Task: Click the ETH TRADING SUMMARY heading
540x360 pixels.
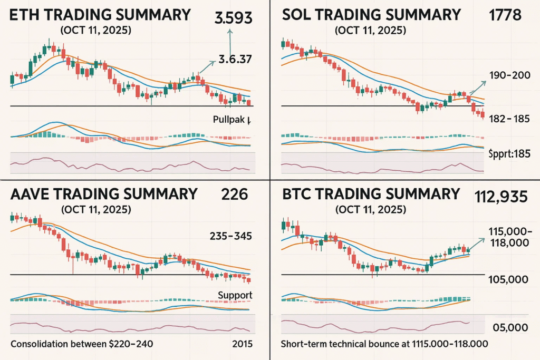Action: [100, 14]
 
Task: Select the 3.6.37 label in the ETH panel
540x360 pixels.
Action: [234, 60]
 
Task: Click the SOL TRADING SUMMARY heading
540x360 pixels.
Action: [371, 14]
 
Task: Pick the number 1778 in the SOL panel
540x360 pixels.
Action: [505, 15]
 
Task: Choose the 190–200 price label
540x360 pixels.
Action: [509, 75]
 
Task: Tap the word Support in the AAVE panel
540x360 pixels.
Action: [235, 295]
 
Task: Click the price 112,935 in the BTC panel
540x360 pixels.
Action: [501, 196]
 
